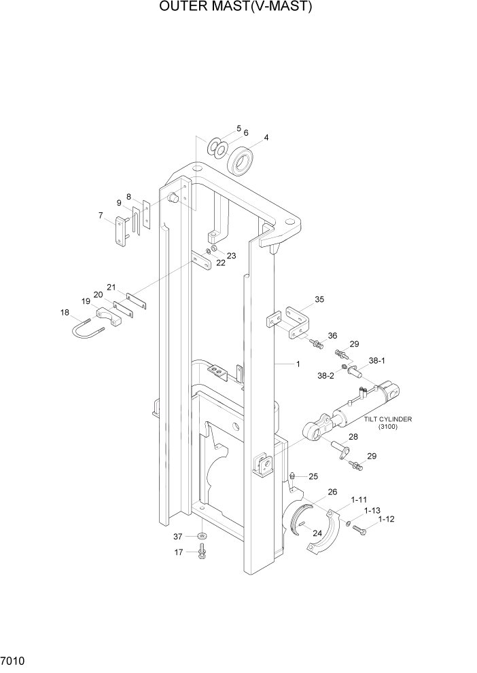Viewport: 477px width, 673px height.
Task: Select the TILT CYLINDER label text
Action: [x=388, y=419]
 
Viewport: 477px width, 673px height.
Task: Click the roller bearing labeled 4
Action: [x=241, y=161]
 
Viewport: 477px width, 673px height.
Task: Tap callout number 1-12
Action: [x=385, y=519]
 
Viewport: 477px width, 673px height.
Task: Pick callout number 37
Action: [x=178, y=536]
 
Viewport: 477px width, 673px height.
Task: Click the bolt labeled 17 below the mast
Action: [x=202, y=553]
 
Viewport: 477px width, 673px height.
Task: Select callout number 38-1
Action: [x=377, y=362]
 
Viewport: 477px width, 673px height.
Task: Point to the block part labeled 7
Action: [x=123, y=231]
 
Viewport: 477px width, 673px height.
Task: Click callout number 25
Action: [x=313, y=476]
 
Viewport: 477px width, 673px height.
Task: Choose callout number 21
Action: [x=111, y=286]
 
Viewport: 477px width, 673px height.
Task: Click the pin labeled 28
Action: [x=338, y=448]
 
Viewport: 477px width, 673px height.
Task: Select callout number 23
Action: [x=231, y=256]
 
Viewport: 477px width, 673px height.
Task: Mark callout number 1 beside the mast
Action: [x=297, y=364]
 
